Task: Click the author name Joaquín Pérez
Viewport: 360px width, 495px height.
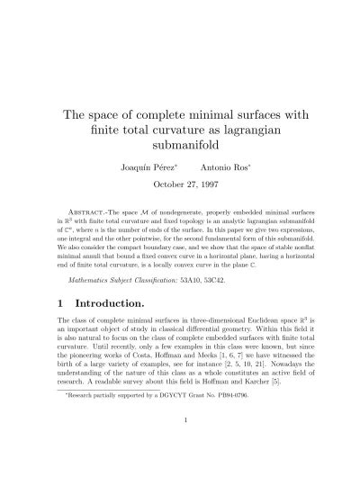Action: (143, 167)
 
